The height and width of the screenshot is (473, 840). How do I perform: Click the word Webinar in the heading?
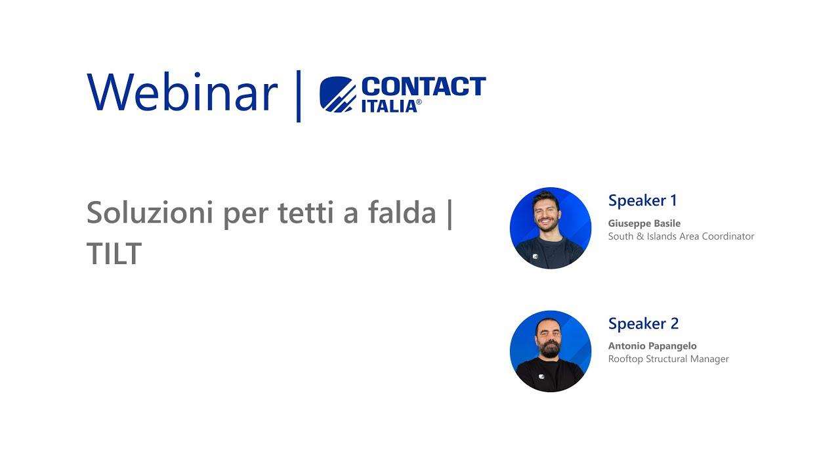point(182,92)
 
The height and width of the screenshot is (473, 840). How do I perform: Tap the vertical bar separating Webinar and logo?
point(299,96)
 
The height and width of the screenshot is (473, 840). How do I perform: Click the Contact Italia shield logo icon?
point(337,95)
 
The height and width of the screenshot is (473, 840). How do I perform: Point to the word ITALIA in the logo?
point(388,106)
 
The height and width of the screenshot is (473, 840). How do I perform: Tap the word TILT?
point(114,254)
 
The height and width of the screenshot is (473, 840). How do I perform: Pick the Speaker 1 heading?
point(642,200)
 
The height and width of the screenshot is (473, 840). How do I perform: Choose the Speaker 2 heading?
point(643,323)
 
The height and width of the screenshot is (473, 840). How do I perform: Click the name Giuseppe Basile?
point(644,223)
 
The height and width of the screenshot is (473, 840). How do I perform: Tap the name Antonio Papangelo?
point(652,346)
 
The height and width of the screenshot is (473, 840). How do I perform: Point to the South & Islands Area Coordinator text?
point(681,236)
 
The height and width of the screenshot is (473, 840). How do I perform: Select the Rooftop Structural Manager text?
point(668,359)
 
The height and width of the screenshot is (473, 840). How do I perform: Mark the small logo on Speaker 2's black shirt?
point(542,376)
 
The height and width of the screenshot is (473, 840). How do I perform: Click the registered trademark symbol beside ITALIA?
point(419,102)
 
